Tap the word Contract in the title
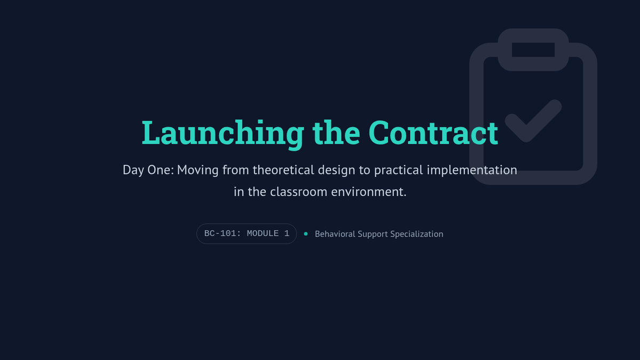click(433, 133)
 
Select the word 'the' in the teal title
click(337, 133)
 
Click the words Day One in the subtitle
click(148, 170)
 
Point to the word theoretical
click(283, 170)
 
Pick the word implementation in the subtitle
click(472, 170)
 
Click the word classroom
click(299, 191)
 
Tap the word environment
click(369, 191)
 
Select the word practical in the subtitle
click(398, 170)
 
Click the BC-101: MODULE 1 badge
click(246, 234)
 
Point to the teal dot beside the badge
click(306, 234)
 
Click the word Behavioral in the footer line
click(334, 234)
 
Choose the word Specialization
click(417, 234)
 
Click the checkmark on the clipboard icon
click(533, 121)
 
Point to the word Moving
click(198, 170)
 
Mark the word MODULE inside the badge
click(262, 234)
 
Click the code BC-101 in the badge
click(220, 234)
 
